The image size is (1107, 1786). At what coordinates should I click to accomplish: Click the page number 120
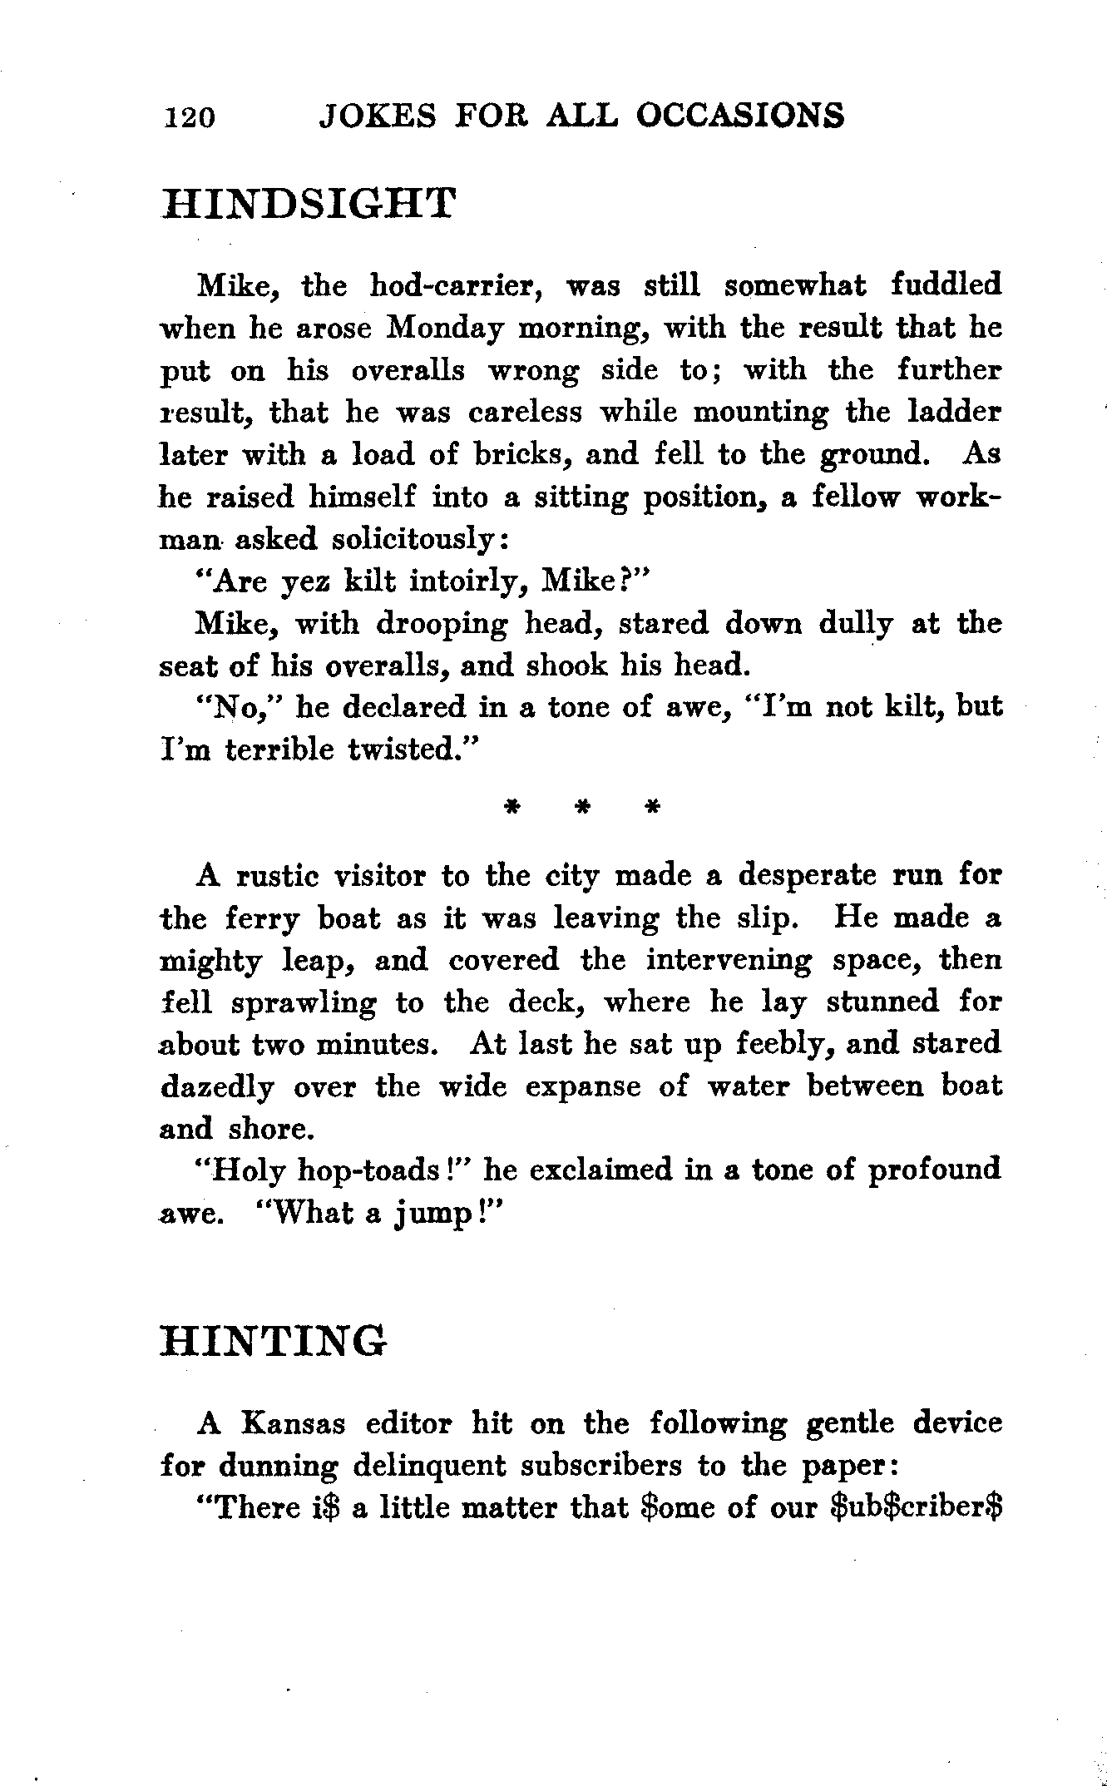(190, 118)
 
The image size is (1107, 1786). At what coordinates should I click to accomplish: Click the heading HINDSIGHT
(309, 204)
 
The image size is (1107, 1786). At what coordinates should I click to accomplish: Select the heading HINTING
(274, 1341)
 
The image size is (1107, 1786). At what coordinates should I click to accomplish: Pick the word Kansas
(292, 1424)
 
